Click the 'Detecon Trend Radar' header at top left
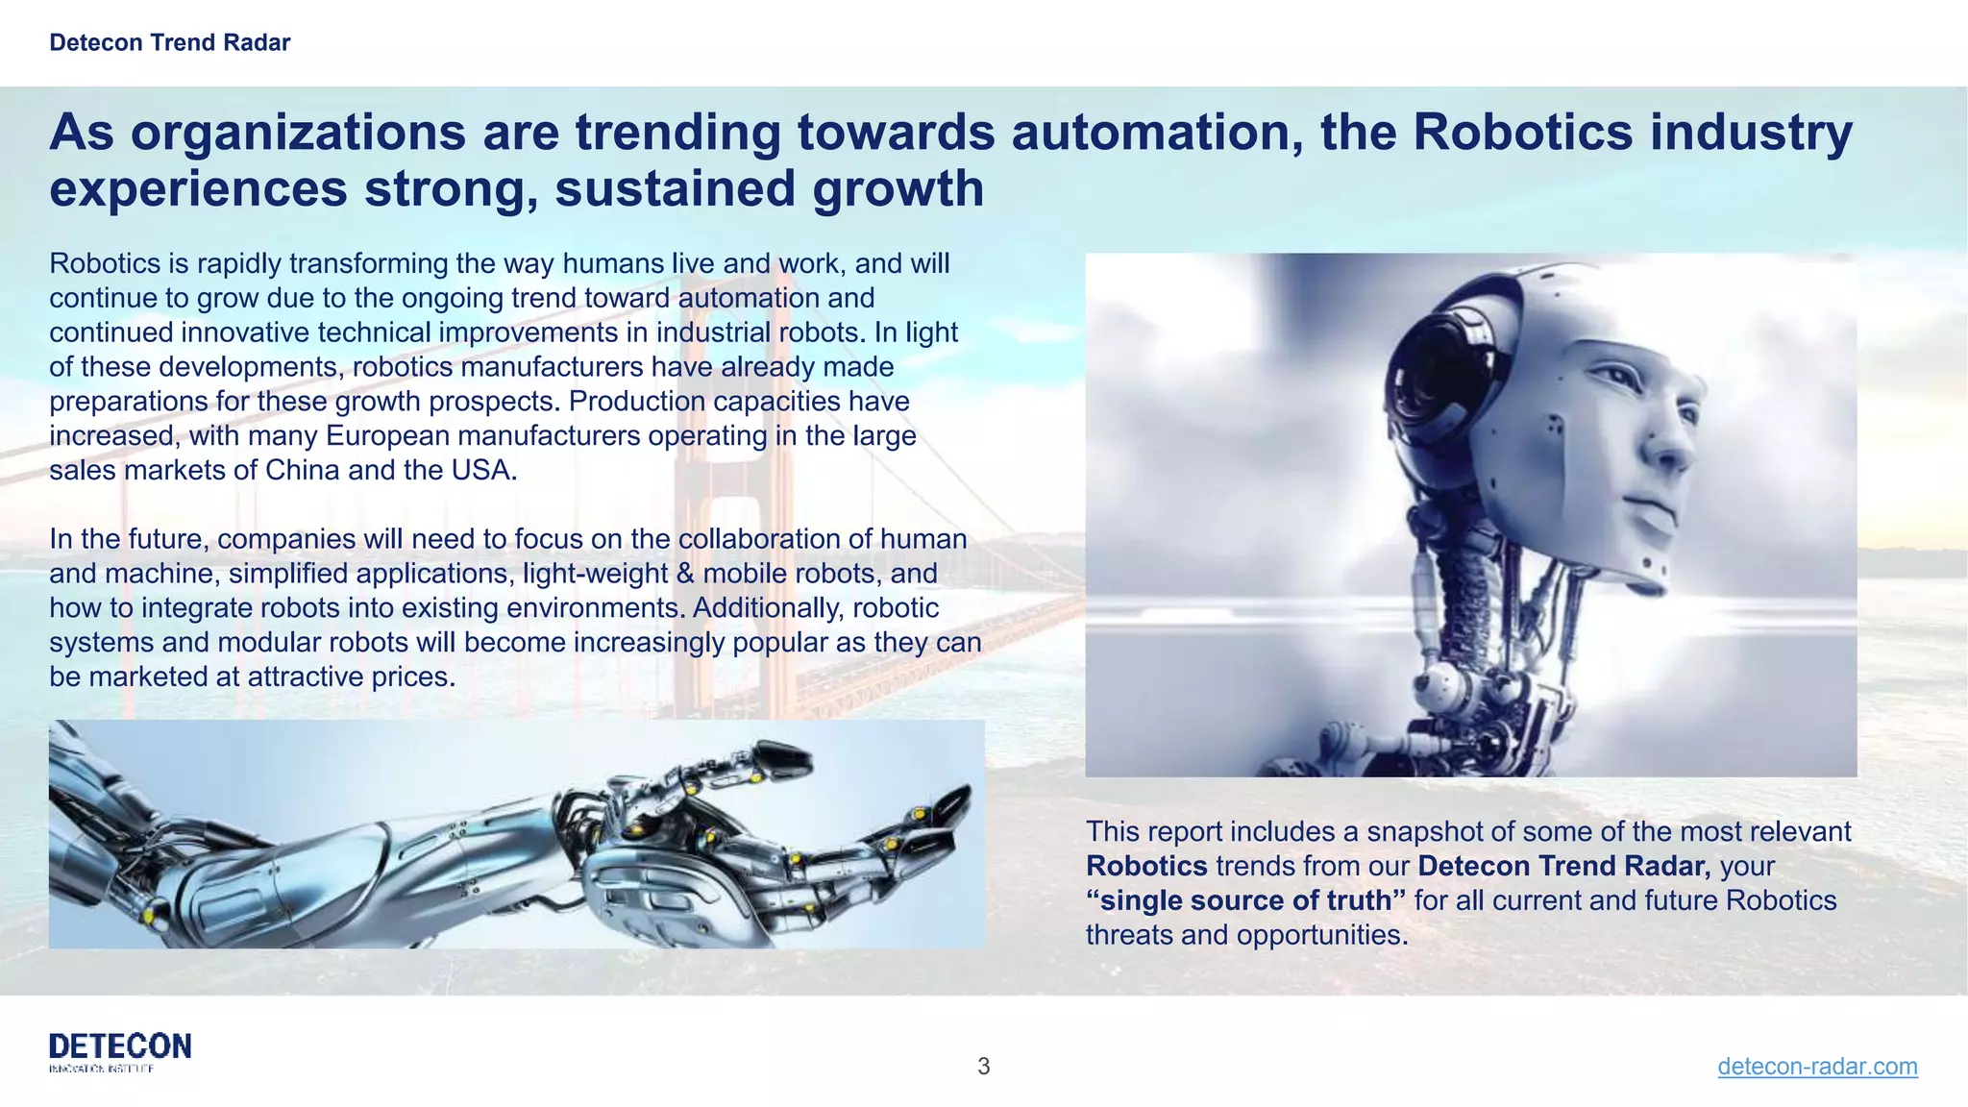point(169,42)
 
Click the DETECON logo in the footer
point(120,1050)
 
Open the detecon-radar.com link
point(1816,1066)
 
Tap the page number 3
point(983,1066)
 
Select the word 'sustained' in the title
point(674,187)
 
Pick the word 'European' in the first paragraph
point(388,435)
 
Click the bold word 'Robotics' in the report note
point(1146,866)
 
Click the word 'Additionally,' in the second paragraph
point(768,608)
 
